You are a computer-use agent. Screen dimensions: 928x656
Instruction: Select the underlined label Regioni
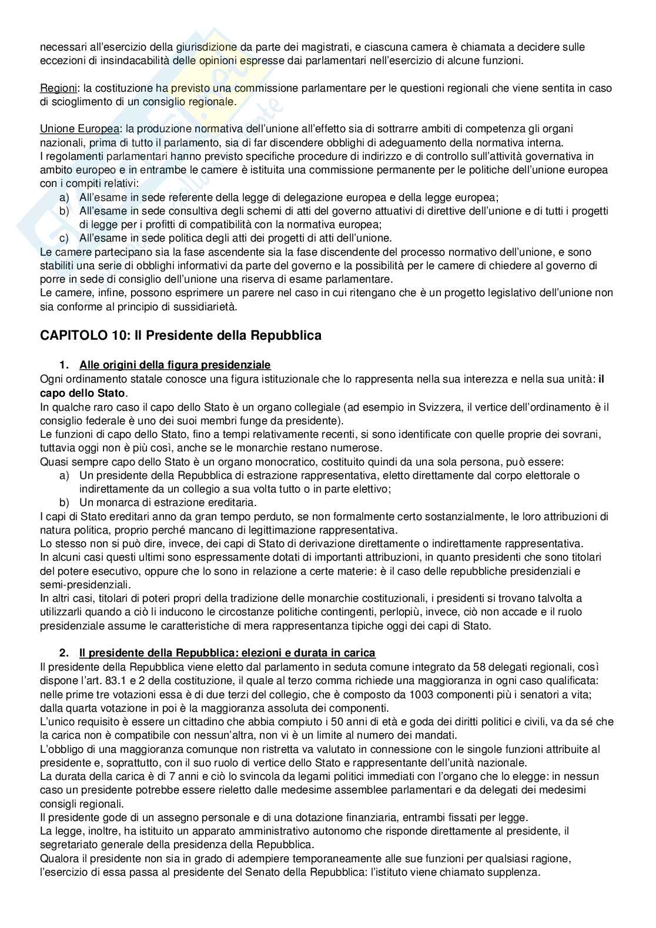point(58,88)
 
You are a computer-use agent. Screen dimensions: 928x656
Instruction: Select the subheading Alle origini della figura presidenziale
point(175,365)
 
